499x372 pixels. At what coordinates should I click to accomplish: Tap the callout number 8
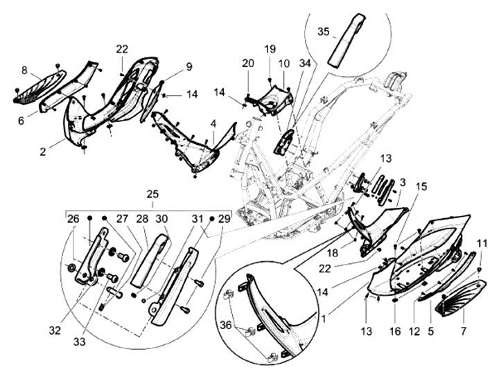tap(24, 70)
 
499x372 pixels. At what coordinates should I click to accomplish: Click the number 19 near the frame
tap(269, 49)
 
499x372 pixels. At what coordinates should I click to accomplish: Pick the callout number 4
tap(213, 125)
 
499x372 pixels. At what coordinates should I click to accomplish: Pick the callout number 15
tap(421, 187)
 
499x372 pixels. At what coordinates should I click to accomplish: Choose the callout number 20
tap(248, 63)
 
